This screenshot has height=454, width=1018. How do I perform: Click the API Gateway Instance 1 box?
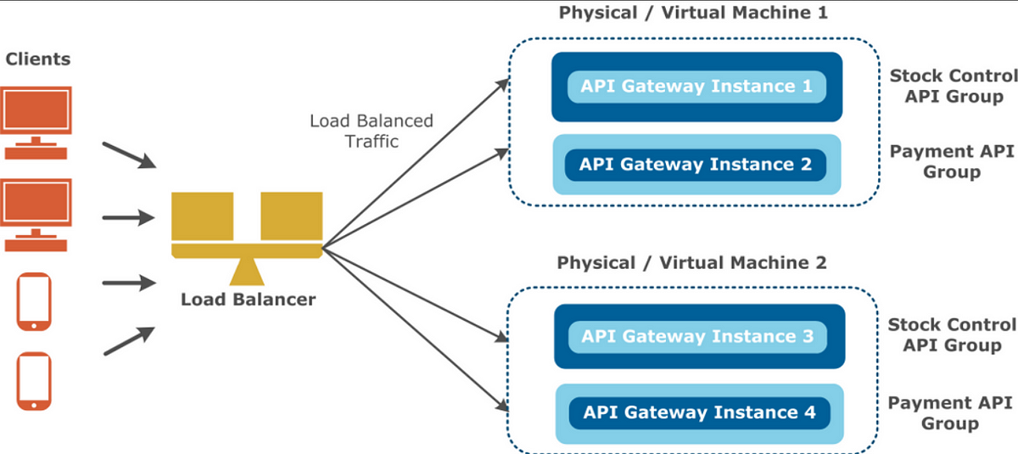tap(696, 87)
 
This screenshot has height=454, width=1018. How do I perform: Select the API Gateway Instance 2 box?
tap(696, 164)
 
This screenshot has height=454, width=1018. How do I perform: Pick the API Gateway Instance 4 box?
tap(700, 413)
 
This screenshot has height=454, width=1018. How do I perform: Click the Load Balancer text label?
tap(248, 300)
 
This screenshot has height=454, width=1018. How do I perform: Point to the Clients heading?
tap(38, 59)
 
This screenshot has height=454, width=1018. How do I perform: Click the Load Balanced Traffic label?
tap(372, 131)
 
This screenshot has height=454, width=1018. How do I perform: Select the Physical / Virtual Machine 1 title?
tap(692, 13)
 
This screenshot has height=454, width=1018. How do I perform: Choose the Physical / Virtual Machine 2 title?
tap(691, 263)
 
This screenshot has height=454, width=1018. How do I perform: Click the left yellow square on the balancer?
tap(203, 216)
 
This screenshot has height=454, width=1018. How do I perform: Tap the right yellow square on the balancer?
tap(291, 216)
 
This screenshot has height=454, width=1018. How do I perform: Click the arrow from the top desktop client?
tap(127, 154)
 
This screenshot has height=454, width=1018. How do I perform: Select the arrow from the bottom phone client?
tap(127, 341)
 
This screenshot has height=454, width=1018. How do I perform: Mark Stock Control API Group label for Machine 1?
tap(953, 86)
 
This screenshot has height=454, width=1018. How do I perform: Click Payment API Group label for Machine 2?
tap(951, 413)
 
